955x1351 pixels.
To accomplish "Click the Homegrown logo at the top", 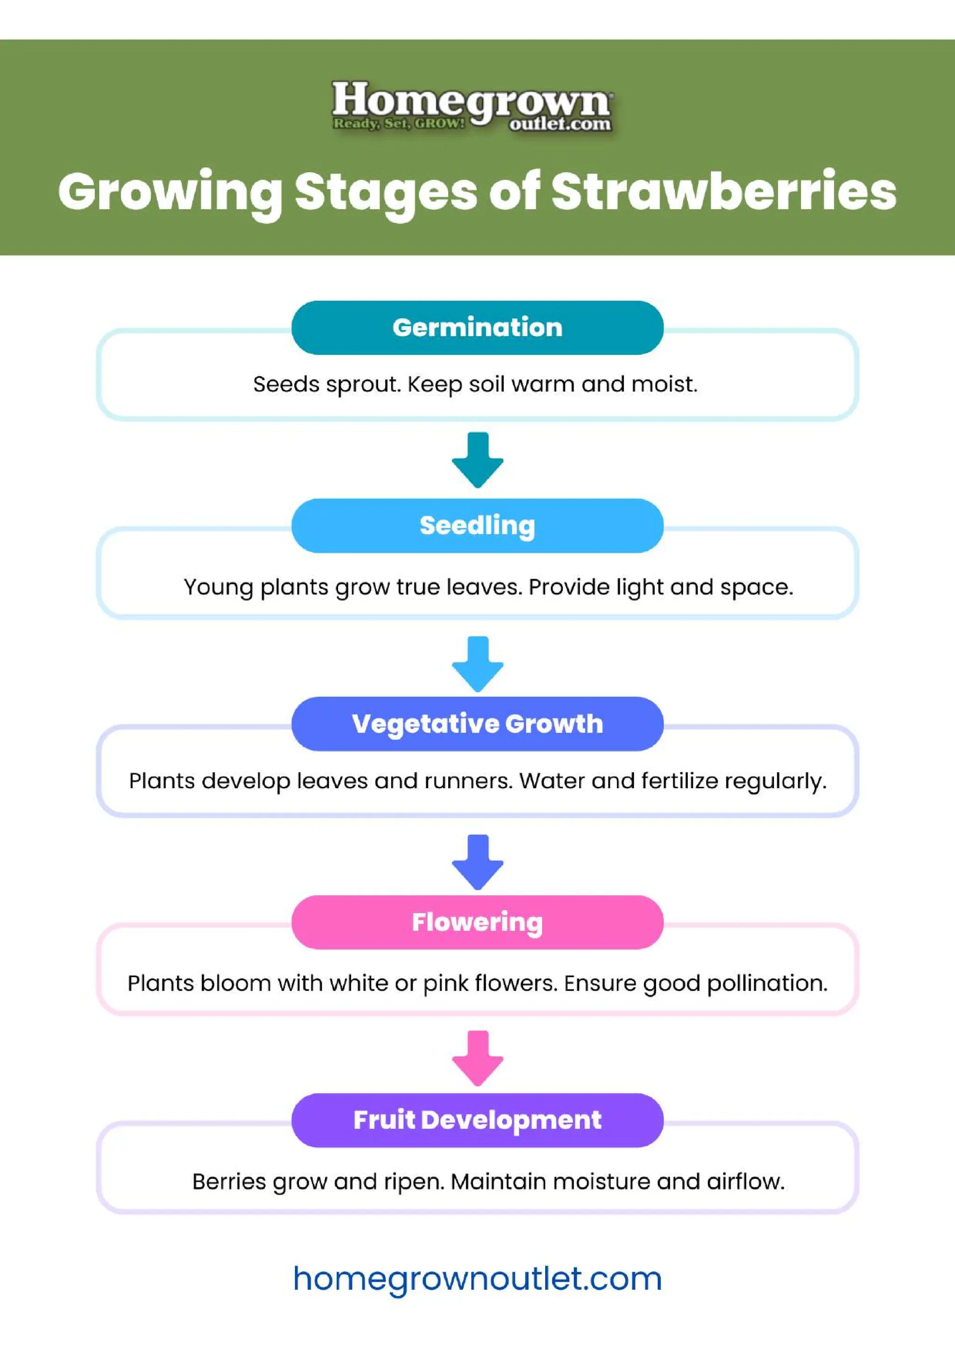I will point(472,106).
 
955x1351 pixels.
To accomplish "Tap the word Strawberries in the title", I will point(723,192).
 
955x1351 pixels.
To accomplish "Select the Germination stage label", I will point(477,327).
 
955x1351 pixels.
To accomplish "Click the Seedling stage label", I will point(477,525).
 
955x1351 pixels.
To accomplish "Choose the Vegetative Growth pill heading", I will point(477,723).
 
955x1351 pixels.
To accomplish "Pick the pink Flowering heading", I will point(477,922).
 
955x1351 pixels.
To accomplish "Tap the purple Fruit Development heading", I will point(477,1120).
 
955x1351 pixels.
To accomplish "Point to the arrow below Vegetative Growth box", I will point(477,862).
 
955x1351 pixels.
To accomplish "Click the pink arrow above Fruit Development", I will point(477,1058).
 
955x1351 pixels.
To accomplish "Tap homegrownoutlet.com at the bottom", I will point(477,1279).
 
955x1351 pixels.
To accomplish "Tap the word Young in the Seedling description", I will point(218,587).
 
